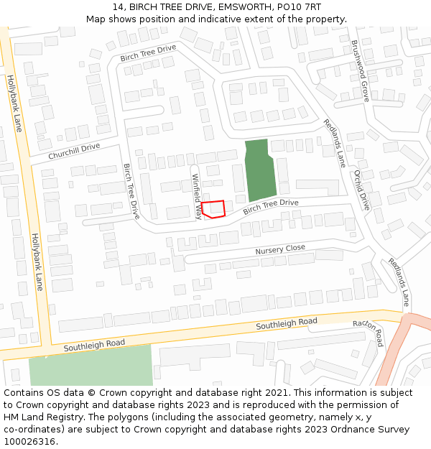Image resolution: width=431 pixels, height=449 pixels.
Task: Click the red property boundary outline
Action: [x=213, y=208]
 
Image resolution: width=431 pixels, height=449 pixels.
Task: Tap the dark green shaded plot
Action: [x=259, y=170]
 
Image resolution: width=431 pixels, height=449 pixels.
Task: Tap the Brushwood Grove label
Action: [x=360, y=70]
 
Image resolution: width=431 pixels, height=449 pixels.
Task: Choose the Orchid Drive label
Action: [x=361, y=190]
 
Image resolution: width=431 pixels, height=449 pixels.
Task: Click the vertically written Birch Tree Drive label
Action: [x=131, y=191]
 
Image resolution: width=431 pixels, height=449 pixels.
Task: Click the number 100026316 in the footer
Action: [x=31, y=441]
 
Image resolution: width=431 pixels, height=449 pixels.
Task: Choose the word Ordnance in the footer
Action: [x=346, y=429]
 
